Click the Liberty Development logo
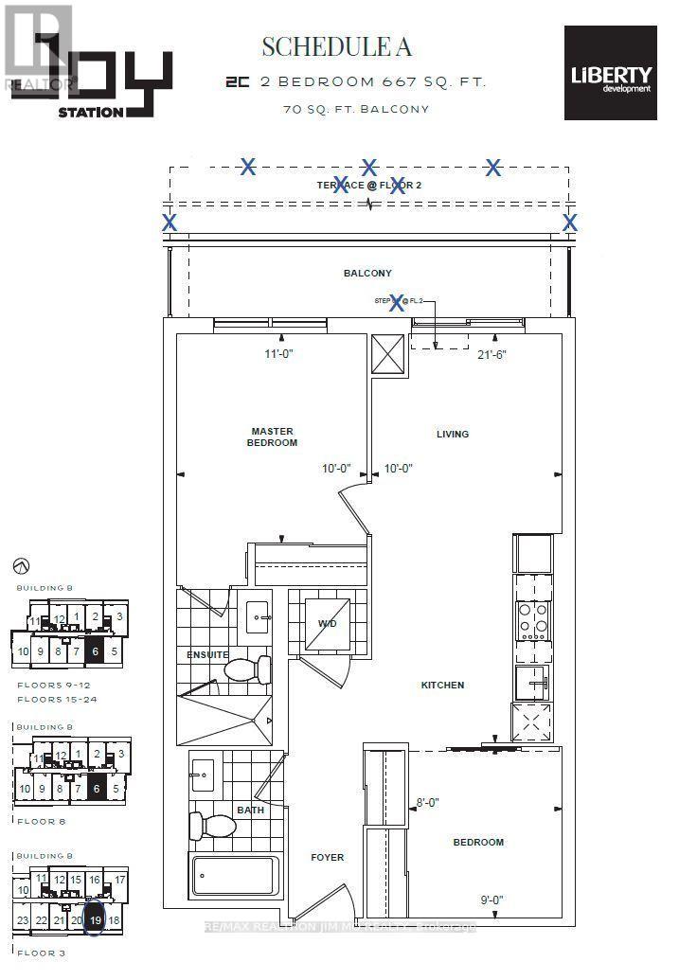coord(610,73)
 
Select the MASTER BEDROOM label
coord(274,437)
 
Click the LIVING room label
coord(453,435)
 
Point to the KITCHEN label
coord(443,685)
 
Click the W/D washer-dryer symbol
coord(327,623)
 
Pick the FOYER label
coord(328,858)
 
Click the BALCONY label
coord(367,273)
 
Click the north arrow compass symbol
coord(22,565)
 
